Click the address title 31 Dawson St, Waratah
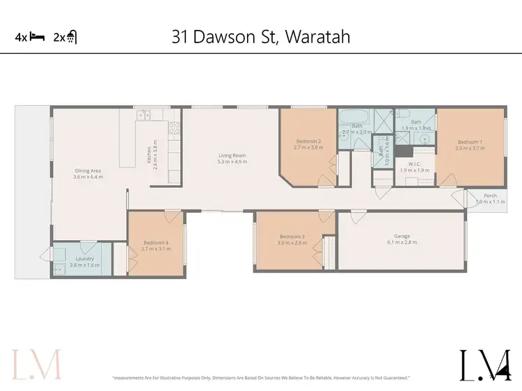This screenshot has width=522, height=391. click(x=261, y=36)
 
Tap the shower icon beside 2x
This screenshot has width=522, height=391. click(x=72, y=38)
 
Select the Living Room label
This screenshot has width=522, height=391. click(x=232, y=156)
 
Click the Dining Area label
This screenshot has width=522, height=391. click(x=88, y=170)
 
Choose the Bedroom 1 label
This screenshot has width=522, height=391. click(x=468, y=142)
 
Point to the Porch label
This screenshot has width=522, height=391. click(x=491, y=196)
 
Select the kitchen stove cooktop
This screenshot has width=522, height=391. click(x=174, y=127)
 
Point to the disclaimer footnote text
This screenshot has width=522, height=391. click(x=261, y=378)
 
